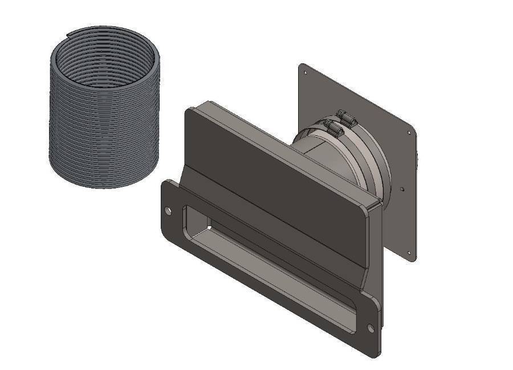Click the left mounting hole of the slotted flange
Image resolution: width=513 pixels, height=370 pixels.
coord(168,211)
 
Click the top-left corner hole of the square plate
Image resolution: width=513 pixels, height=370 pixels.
coord(305,73)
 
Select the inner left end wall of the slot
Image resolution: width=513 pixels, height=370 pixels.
coord(191,220)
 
